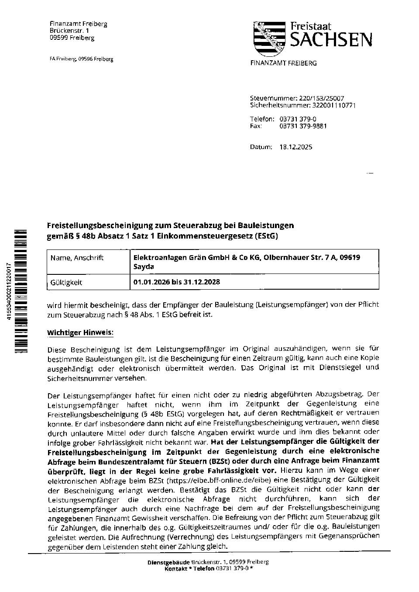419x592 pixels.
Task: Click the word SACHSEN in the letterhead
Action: [x=331, y=40]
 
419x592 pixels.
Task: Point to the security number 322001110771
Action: [x=334, y=105]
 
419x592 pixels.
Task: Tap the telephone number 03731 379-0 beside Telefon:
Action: [x=298, y=119]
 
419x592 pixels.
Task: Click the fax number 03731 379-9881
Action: [x=303, y=126]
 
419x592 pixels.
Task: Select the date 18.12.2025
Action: [x=295, y=147]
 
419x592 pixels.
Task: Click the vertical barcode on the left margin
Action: [x=21, y=291]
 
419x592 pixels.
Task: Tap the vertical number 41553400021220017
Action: [x=10, y=291]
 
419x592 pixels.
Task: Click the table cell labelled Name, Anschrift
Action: [x=77, y=258]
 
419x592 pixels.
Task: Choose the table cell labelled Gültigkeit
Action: [x=66, y=282]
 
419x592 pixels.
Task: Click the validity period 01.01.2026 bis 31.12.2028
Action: [x=176, y=282]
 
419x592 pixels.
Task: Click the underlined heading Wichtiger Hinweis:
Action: [x=80, y=332]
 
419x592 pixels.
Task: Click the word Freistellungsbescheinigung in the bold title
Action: [x=100, y=225]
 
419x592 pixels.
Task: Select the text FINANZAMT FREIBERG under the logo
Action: [x=283, y=63]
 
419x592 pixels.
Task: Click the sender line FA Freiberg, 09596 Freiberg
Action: [x=81, y=59]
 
